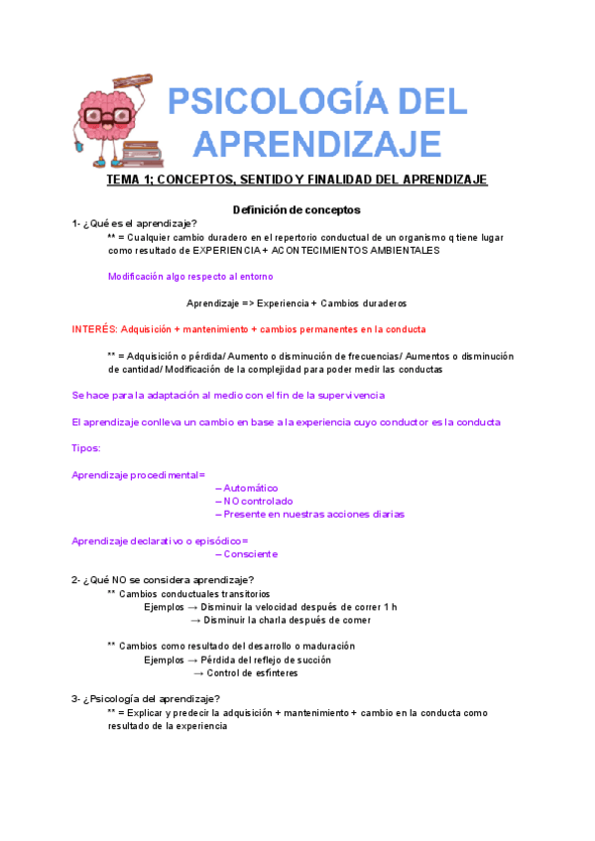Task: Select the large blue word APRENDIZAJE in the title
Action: (x=316, y=143)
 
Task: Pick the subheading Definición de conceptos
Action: (x=297, y=210)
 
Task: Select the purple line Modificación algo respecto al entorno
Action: (x=190, y=277)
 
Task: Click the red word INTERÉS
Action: (x=93, y=328)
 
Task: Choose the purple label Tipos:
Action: (x=86, y=448)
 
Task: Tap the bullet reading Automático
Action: (x=249, y=488)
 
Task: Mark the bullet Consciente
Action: (x=249, y=553)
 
